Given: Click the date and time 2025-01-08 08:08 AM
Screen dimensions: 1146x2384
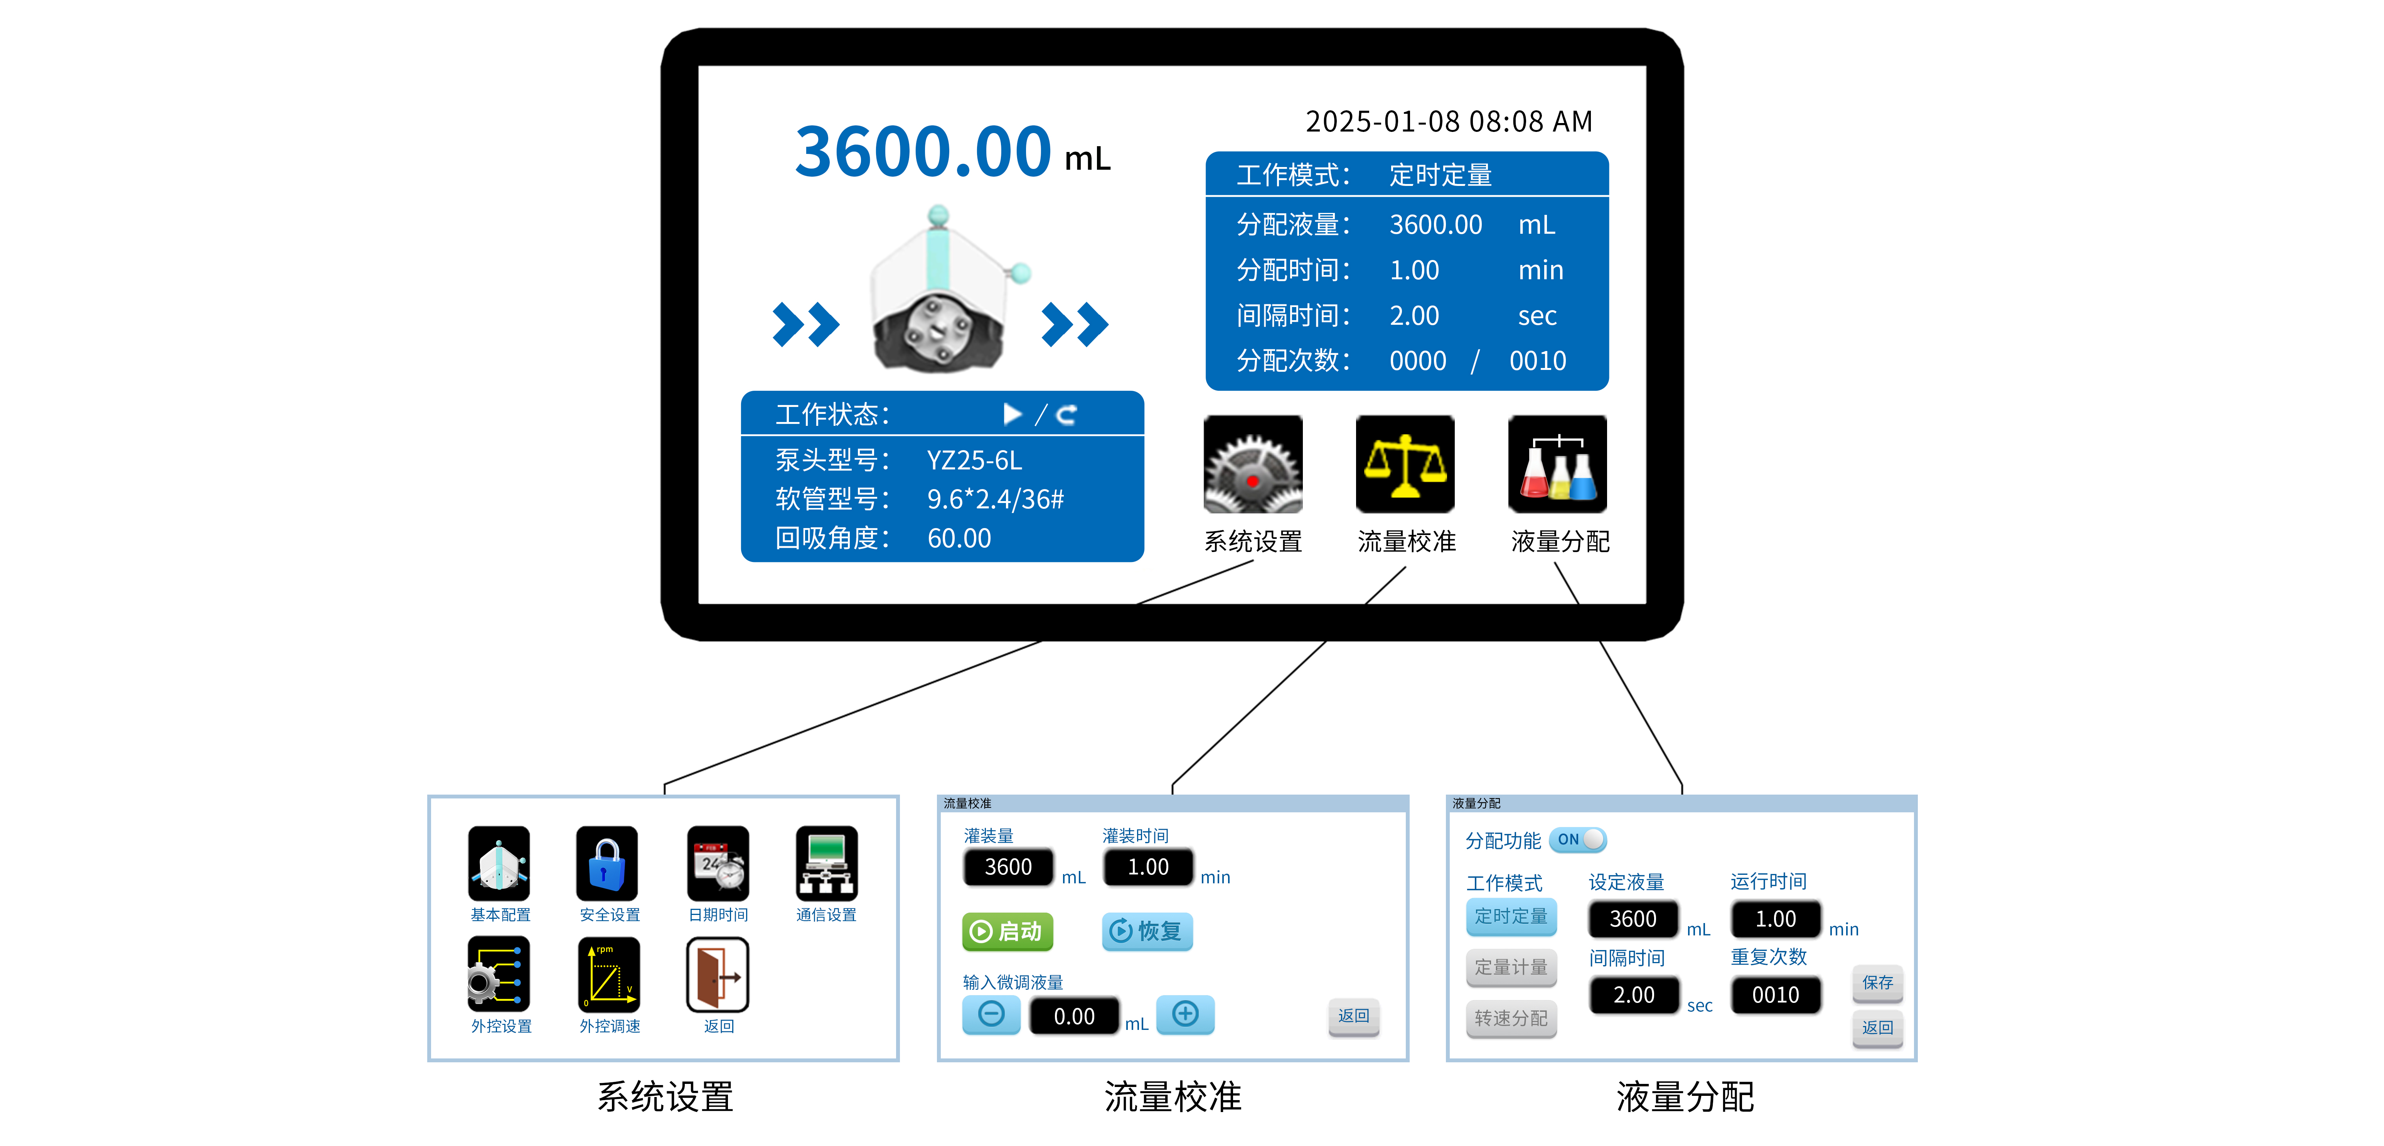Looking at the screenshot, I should point(1448,121).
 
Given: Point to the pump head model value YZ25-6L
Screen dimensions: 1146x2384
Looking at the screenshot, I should point(974,460).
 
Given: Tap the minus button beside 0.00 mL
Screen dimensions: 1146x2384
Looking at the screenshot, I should point(991,1014).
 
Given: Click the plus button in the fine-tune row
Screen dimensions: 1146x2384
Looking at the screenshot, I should point(1186,1014).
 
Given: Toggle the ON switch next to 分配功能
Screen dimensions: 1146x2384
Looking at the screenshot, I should point(1578,840).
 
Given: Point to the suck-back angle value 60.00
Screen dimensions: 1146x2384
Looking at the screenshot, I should point(959,538).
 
